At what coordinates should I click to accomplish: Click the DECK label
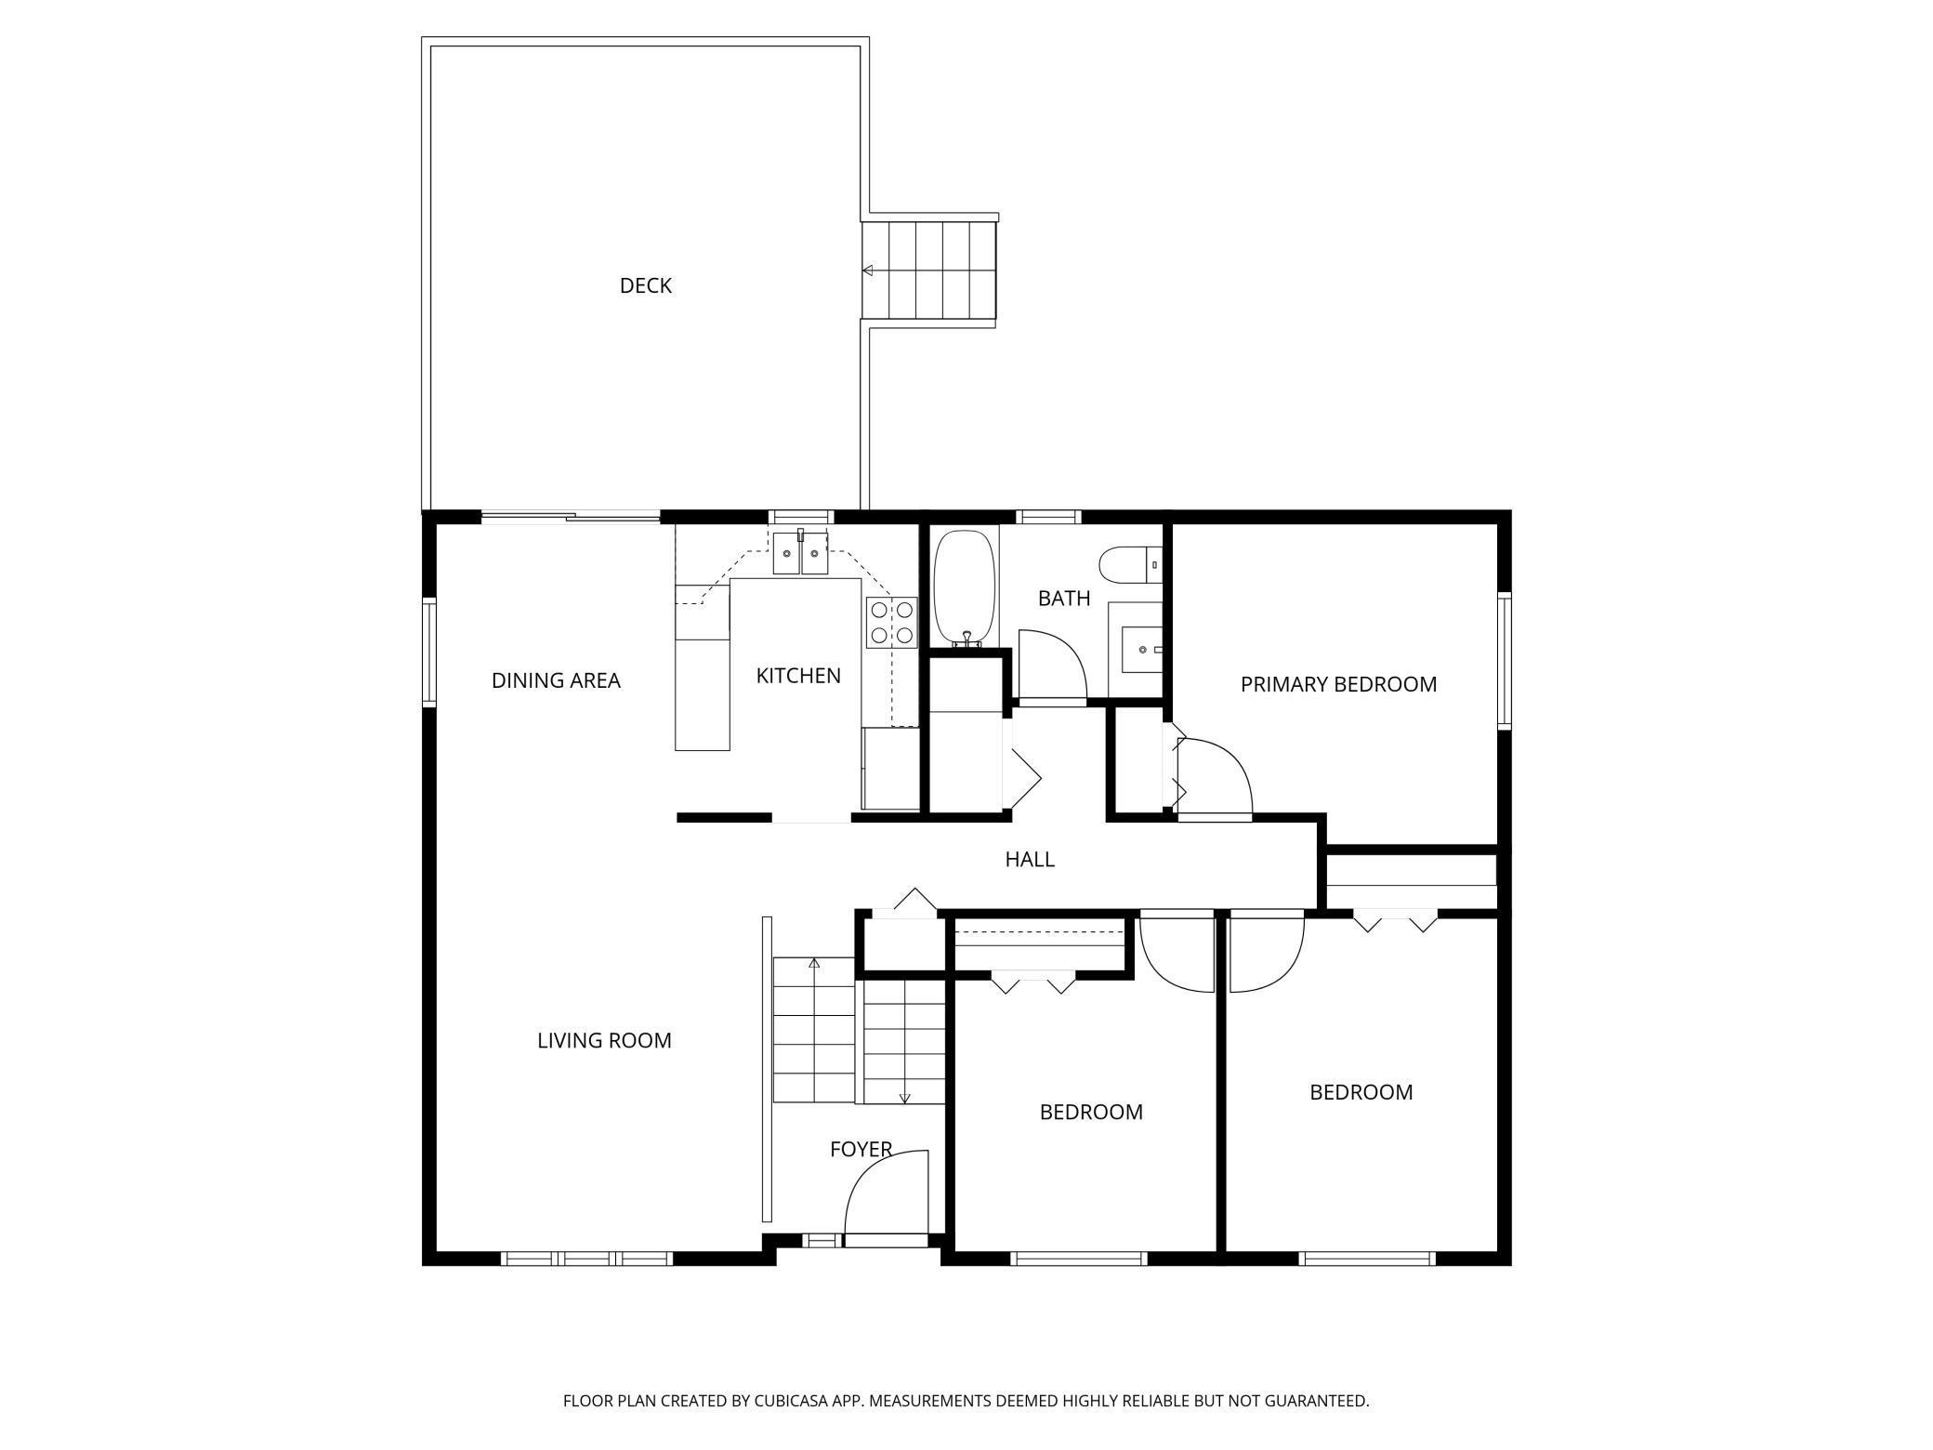645,286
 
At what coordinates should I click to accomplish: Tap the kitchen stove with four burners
891,623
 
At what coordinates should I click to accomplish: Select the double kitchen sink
800,554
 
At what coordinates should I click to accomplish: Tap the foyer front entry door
886,1199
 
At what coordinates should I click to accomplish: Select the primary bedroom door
1214,777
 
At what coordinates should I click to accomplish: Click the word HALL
1029,860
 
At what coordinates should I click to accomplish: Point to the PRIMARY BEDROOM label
1338,685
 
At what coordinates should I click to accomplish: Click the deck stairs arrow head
867,270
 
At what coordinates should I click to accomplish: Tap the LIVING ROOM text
604,1041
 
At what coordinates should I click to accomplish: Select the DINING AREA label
556,681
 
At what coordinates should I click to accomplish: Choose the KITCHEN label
798,677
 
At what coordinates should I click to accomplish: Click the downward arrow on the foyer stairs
904,1098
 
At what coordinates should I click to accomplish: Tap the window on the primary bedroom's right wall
1504,659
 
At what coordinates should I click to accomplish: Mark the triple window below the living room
586,1259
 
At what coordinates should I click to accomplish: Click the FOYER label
861,1150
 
